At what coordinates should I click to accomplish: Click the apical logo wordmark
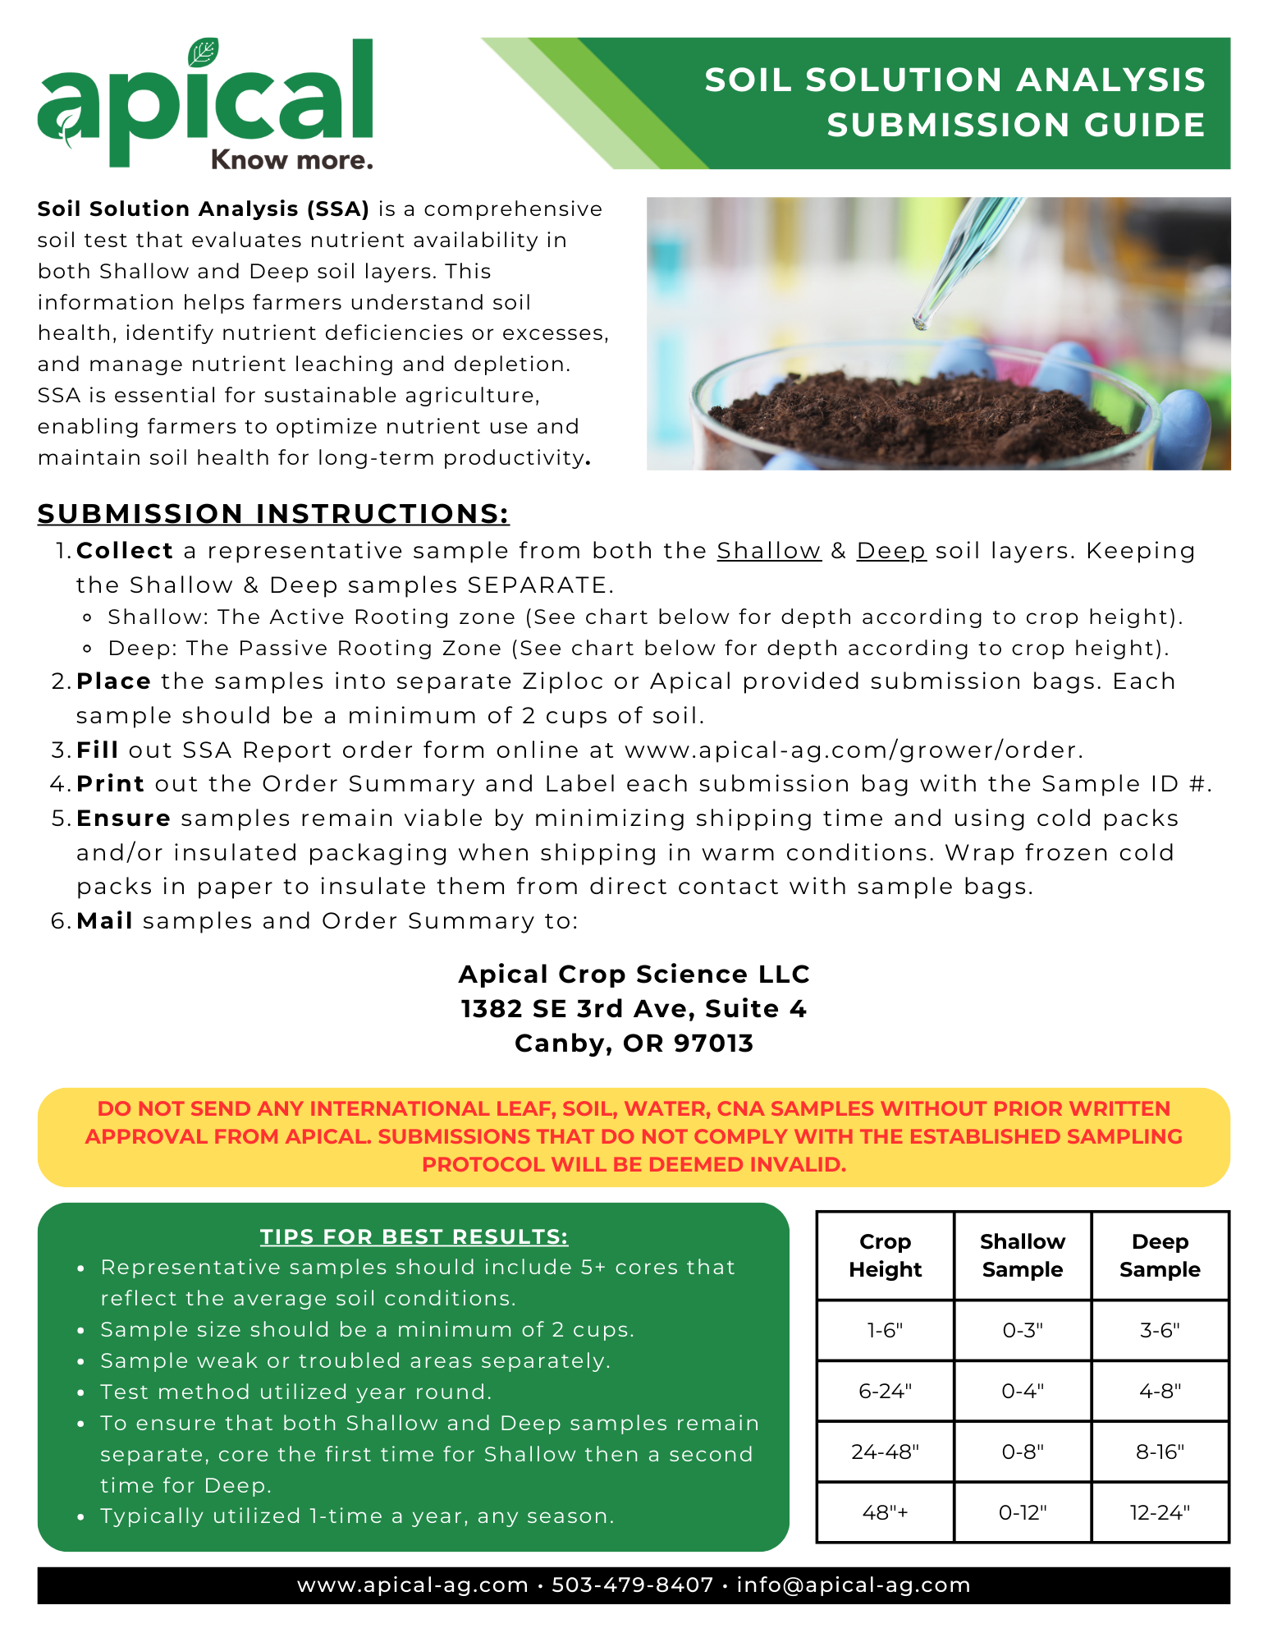[x=205, y=103]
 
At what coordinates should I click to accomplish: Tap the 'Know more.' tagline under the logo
[x=291, y=159]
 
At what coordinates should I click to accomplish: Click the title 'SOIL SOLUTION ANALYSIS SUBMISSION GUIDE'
[x=954, y=103]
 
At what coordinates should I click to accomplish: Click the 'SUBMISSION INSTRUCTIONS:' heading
[x=273, y=514]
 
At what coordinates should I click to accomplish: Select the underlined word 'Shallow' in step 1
[x=769, y=551]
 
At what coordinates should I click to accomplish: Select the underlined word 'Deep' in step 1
[x=891, y=551]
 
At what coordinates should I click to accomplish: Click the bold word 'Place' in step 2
[x=113, y=681]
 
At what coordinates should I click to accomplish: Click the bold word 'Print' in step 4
[x=111, y=784]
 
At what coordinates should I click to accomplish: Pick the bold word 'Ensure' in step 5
[x=123, y=819]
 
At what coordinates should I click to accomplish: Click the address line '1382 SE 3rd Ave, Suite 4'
[x=634, y=1008]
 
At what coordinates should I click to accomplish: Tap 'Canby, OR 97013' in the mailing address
[x=634, y=1043]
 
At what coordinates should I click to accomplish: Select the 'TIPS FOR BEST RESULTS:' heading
[x=414, y=1236]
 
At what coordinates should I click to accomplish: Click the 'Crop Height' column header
[x=885, y=1255]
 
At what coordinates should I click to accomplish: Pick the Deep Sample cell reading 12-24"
[x=1160, y=1512]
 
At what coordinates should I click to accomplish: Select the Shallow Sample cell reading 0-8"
[x=1023, y=1452]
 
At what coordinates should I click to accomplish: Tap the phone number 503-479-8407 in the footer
[x=632, y=1585]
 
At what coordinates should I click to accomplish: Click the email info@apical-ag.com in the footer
[x=854, y=1585]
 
